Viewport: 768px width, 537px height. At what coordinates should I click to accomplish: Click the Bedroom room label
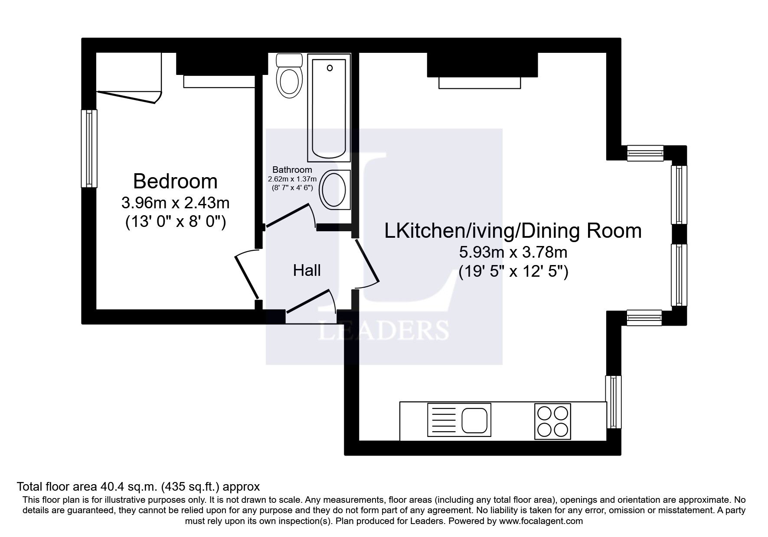175,181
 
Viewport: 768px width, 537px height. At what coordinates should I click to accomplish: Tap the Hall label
307,271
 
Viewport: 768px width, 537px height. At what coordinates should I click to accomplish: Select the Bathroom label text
292,170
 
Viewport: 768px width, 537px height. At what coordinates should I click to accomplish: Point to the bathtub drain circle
330,68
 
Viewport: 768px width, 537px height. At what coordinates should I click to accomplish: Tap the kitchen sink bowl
475,419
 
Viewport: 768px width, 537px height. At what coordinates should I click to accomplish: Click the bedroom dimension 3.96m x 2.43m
175,202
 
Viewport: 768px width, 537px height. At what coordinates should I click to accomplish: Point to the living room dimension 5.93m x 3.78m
513,252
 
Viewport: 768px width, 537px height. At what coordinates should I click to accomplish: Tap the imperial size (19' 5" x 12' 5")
513,272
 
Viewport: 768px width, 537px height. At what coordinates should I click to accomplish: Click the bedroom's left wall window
89,149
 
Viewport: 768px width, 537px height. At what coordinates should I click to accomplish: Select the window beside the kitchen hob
613,402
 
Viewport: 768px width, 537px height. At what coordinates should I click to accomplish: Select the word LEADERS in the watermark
384,330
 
